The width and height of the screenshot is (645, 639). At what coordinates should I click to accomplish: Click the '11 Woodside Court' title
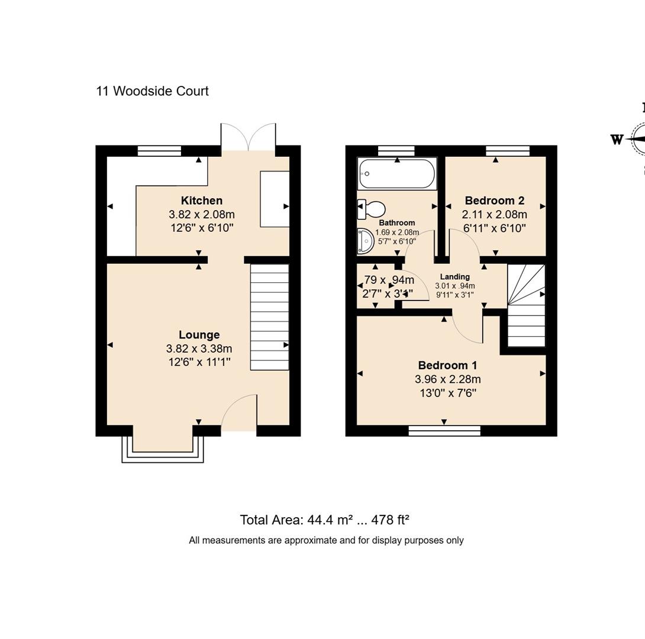coord(152,91)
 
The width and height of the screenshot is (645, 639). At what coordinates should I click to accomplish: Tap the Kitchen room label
coord(202,201)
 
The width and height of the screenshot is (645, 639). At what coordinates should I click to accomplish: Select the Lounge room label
coord(199,335)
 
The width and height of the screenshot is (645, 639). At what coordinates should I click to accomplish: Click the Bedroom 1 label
coord(447,366)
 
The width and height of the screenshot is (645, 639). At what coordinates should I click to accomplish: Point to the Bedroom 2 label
coord(495,201)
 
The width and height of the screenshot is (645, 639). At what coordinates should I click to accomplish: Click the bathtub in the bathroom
coord(397,173)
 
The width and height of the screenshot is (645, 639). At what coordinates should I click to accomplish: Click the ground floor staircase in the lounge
coord(269,317)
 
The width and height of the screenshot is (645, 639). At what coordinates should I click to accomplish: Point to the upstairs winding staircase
coord(526,306)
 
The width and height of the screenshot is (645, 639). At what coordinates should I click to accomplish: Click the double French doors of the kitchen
coord(249,138)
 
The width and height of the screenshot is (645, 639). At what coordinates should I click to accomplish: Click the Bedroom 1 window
coord(444,431)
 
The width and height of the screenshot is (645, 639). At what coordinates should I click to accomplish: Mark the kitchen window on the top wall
coord(159,151)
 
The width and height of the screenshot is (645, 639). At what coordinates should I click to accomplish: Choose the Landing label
coord(454,276)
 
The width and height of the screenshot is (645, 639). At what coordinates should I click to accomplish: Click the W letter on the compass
coord(617,140)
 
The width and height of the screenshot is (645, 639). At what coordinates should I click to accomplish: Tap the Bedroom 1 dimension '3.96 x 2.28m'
coord(447,379)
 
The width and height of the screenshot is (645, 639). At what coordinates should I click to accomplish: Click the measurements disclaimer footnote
coord(326,540)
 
